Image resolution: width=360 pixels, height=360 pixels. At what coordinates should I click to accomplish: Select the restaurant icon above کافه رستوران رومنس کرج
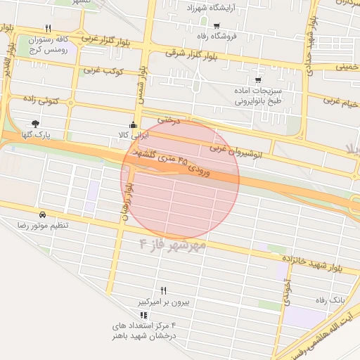coord(48,29)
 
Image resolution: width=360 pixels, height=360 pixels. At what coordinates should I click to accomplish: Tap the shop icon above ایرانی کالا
coord(133,125)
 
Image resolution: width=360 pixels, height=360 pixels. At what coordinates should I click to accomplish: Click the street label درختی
coord(169,120)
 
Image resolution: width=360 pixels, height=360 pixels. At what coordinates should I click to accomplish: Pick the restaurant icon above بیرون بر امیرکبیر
coord(163,290)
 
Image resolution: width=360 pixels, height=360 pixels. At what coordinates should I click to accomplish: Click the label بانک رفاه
coord(330,299)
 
